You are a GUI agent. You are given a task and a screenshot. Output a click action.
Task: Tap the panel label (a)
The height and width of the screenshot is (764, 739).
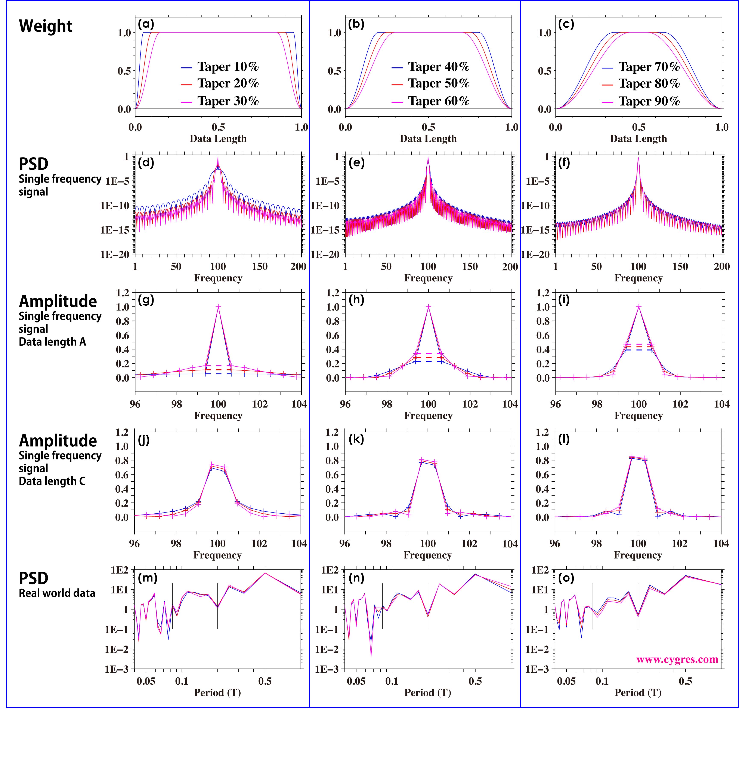click(146, 24)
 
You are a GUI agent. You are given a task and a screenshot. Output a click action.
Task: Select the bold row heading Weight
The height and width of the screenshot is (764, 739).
click(46, 26)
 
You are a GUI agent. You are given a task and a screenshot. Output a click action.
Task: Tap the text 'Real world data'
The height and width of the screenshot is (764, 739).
click(57, 593)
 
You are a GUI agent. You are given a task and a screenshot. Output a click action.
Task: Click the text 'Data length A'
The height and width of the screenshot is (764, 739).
click(52, 342)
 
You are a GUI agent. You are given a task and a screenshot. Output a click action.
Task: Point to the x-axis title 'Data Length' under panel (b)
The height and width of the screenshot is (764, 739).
click(428, 139)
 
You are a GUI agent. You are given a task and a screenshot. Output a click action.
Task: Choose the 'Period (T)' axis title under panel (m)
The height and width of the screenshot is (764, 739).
click(217, 693)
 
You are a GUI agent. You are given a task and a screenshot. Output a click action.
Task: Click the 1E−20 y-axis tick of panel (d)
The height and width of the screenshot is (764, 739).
click(115, 254)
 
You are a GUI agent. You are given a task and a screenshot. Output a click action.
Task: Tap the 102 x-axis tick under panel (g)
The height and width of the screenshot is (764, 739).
click(260, 404)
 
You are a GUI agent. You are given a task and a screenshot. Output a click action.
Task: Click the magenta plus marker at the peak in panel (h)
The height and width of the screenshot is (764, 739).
click(429, 307)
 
